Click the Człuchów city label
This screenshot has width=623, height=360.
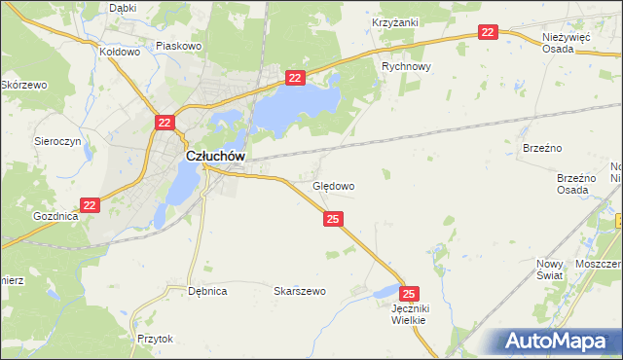[x=214, y=156]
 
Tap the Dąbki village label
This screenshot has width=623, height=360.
[x=123, y=8]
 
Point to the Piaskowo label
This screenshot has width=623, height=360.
[x=178, y=45]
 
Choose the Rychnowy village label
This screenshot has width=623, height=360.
[x=406, y=67]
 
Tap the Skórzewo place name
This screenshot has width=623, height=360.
[x=24, y=86]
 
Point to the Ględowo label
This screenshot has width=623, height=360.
[x=333, y=185]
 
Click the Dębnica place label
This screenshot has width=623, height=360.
[x=207, y=291]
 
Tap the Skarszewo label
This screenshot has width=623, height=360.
[x=299, y=291]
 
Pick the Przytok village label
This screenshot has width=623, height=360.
[x=155, y=339]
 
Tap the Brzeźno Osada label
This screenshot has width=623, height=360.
[x=575, y=184]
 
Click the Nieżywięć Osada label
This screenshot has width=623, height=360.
[x=567, y=41]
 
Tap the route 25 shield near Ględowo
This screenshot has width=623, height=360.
[x=334, y=220]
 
